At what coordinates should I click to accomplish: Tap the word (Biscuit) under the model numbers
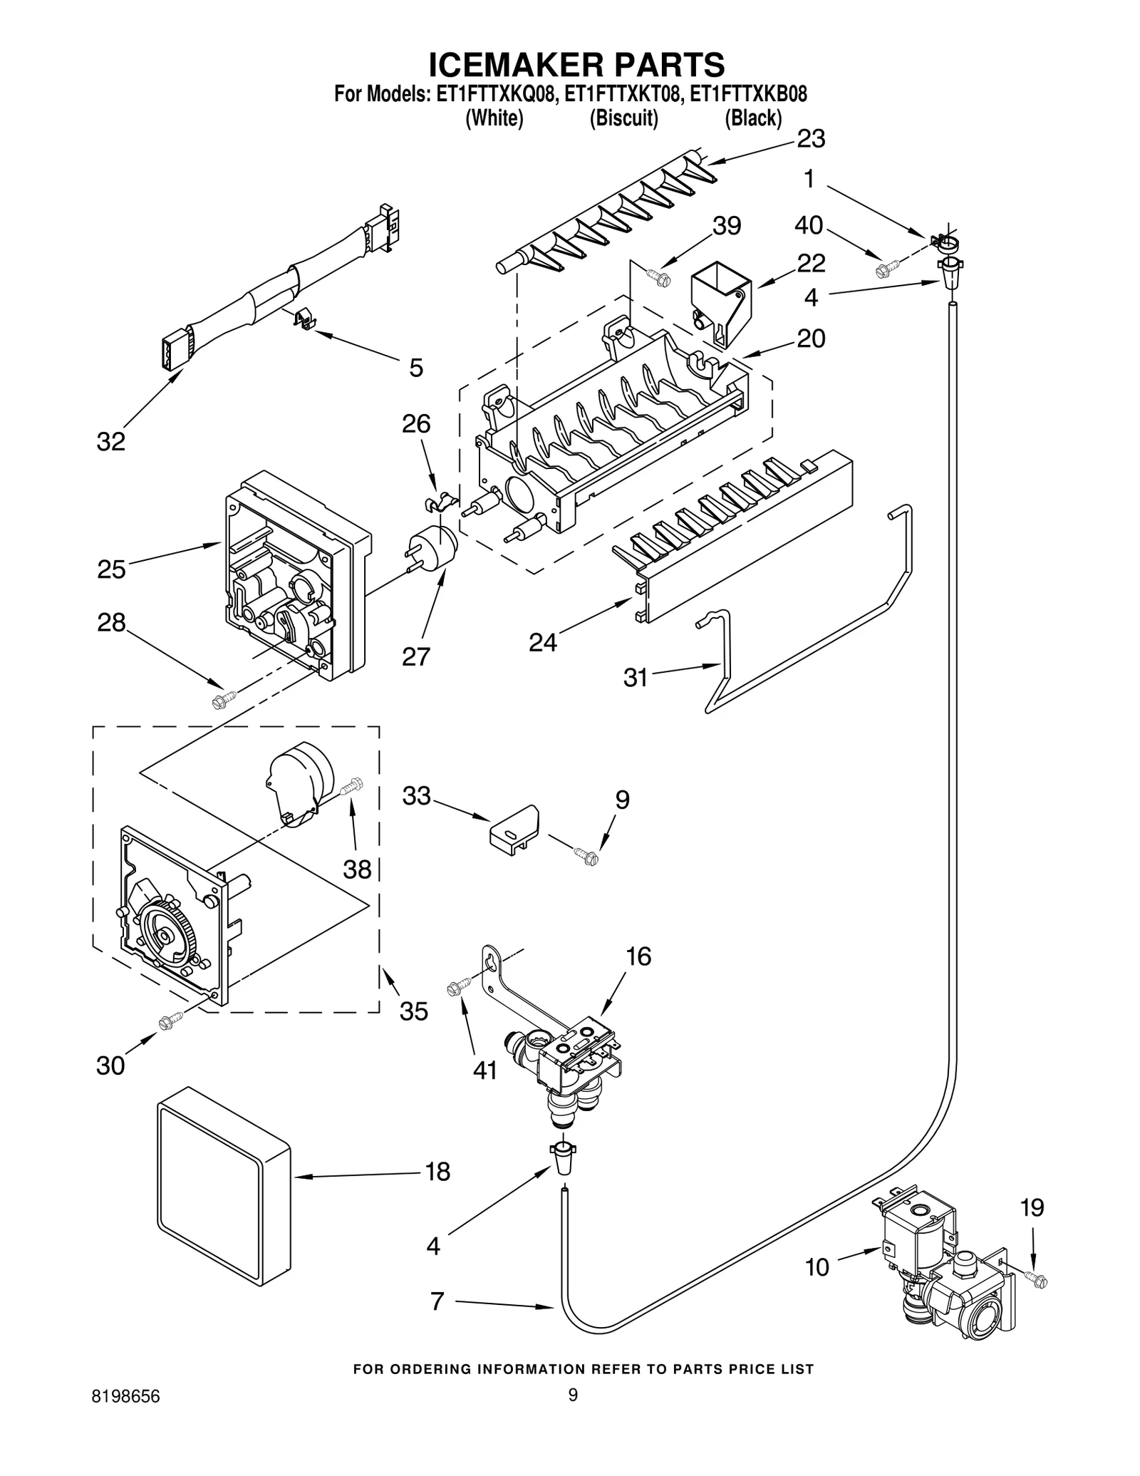click(x=623, y=118)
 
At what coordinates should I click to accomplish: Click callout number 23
click(x=811, y=139)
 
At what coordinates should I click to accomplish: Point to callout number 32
click(x=111, y=442)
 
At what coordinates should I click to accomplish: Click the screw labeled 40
click(x=886, y=268)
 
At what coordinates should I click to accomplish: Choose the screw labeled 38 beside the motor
click(x=352, y=787)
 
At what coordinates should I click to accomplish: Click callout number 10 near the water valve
click(x=817, y=1266)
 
